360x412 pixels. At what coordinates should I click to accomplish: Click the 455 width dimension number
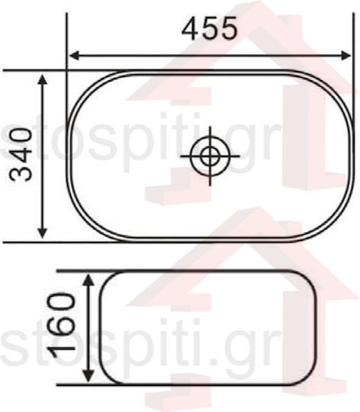(x=210, y=28)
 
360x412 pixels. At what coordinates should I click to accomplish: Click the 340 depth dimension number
(x=21, y=154)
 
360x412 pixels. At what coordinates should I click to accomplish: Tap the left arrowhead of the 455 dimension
(x=75, y=56)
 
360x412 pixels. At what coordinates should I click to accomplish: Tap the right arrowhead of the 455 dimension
(x=346, y=56)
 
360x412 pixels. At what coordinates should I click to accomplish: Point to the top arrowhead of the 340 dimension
(x=43, y=79)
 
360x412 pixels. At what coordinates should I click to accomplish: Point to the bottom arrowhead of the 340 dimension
(x=43, y=233)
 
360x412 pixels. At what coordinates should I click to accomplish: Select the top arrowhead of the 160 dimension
(x=89, y=279)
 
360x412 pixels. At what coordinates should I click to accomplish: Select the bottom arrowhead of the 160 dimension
(x=88, y=376)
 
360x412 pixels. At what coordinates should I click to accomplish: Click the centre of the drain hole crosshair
(x=210, y=156)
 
